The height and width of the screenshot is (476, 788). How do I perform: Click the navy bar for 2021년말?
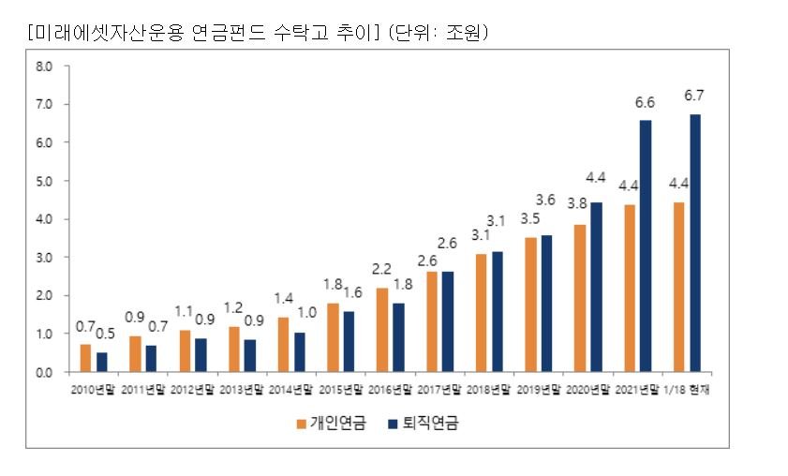tap(646, 246)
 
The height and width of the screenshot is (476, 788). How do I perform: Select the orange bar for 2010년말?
tap(85, 358)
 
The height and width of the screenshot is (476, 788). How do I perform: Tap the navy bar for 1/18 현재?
tap(695, 244)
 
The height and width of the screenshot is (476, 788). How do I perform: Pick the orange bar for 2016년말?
tap(382, 330)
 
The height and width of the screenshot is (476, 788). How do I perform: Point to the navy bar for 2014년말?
tap(300, 352)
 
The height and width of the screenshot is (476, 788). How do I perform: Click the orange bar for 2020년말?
tap(580, 299)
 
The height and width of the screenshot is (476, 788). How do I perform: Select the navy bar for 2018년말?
tap(498, 312)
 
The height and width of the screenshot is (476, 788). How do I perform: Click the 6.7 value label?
tap(694, 96)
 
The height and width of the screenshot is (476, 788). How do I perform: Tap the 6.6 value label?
tap(645, 102)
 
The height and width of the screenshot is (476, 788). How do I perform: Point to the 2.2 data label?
tap(381, 269)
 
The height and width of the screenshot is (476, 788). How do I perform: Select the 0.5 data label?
tap(105, 334)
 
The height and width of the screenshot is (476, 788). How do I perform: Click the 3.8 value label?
tap(577, 203)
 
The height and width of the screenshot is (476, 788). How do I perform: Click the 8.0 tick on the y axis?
tap(44, 67)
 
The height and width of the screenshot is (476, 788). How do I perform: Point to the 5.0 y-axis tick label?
tap(44, 181)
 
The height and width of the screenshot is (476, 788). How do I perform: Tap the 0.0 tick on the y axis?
tap(44, 372)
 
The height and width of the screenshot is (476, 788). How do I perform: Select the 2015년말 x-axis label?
tap(341, 390)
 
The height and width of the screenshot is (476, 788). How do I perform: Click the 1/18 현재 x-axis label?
tap(687, 390)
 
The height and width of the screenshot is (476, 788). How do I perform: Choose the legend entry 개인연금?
tap(332, 424)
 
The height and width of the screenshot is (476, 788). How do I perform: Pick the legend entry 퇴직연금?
tap(424, 424)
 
